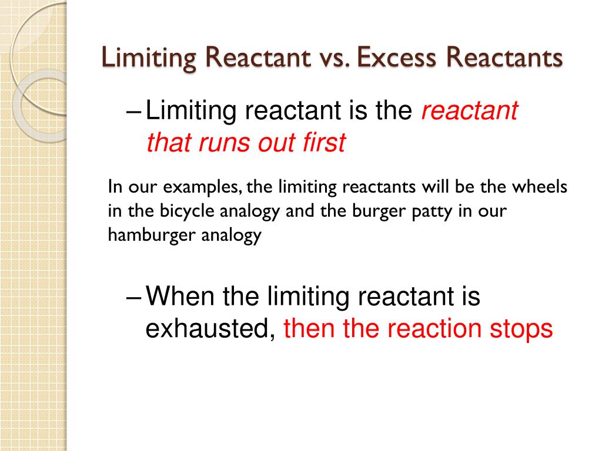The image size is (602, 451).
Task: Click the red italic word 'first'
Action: tap(322, 143)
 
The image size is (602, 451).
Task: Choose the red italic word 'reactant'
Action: tap(469, 110)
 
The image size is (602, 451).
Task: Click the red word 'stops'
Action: tap(521, 329)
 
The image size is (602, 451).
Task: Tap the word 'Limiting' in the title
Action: tap(148, 58)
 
